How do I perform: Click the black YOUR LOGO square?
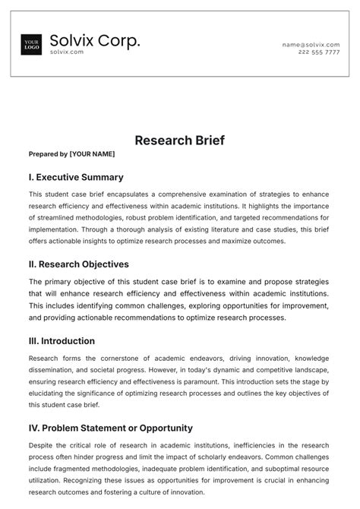(x=32, y=45)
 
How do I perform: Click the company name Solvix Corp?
(x=95, y=40)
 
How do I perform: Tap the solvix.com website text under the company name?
(x=67, y=52)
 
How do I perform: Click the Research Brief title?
(x=179, y=141)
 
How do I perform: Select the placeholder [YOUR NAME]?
(x=92, y=154)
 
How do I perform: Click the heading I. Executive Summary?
(x=75, y=177)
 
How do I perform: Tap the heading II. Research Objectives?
(x=78, y=264)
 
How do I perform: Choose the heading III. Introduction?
(x=62, y=341)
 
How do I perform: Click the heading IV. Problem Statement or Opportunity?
(x=110, y=428)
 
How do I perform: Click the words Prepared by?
(x=48, y=154)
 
